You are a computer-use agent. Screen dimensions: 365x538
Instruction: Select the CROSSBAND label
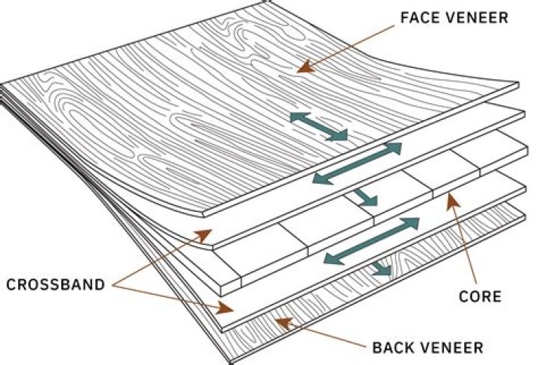(58, 284)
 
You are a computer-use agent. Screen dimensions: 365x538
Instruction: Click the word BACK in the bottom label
(392, 347)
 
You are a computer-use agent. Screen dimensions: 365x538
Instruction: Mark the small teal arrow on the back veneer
(380, 269)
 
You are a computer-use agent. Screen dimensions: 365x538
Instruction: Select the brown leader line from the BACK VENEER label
(321, 335)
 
